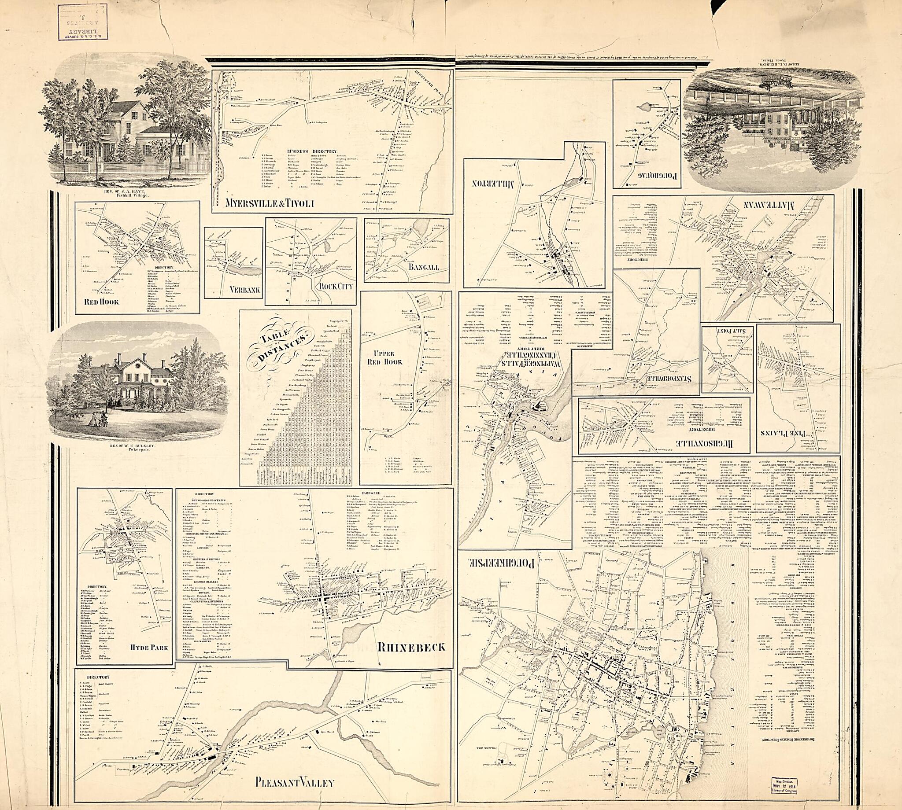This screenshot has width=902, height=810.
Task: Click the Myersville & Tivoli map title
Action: tap(270, 203)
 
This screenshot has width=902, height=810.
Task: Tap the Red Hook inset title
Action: tap(105, 302)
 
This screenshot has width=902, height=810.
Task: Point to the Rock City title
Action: tap(333, 285)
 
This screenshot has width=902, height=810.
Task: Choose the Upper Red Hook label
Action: tap(384, 356)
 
